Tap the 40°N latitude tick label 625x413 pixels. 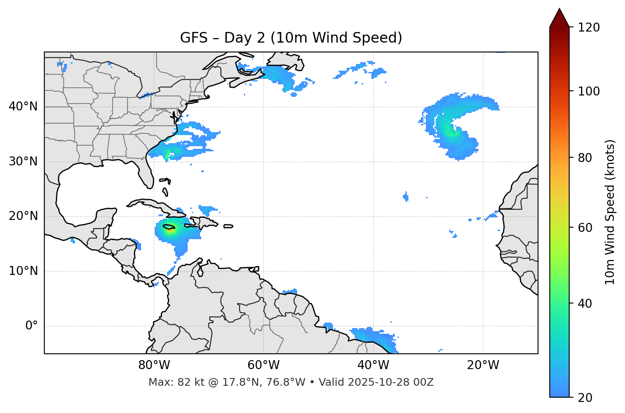coord(23,107)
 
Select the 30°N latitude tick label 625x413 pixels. coord(23,162)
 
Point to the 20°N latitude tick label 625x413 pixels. coord(23,216)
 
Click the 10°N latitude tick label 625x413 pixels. coord(23,271)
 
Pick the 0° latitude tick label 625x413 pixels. coord(32,326)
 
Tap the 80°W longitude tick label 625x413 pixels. coord(154,365)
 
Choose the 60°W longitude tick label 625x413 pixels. coord(263,365)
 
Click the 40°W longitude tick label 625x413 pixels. coord(373,365)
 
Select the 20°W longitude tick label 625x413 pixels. coord(483,365)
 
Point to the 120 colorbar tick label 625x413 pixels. coord(589,28)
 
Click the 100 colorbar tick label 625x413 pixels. coord(589,91)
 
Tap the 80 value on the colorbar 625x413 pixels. coord(586,158)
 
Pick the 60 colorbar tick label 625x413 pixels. coord(586,228)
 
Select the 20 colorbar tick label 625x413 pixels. coord(586,398)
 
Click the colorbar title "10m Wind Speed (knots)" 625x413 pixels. coord(610,212)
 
